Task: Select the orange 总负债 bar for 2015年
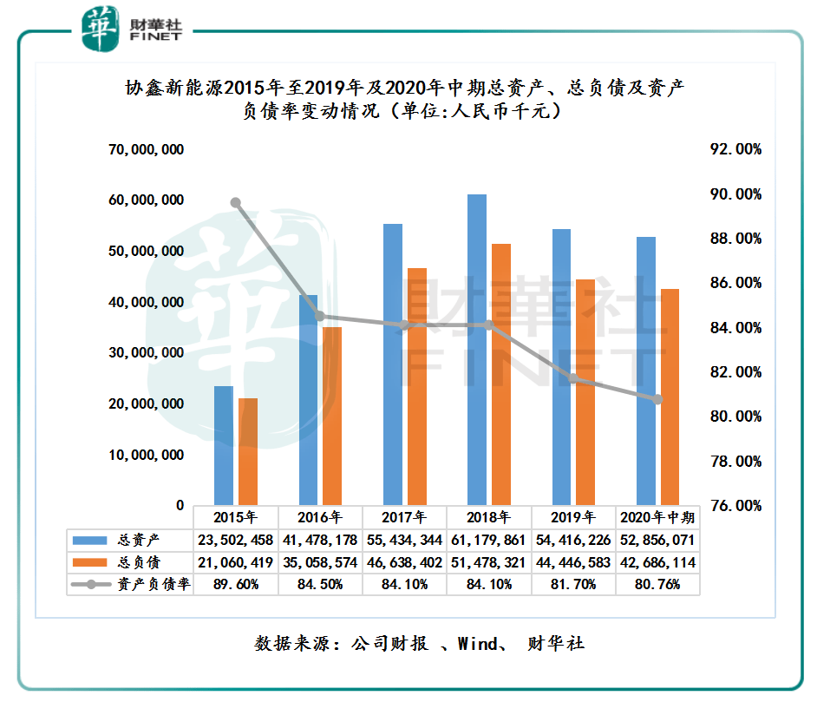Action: point(248,451)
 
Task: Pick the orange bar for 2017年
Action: point(417,386)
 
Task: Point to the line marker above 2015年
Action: point(235,203)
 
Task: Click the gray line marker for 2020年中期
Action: point(657,399)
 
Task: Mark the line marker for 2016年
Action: point(320,316)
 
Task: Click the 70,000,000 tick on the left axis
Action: point(146,150)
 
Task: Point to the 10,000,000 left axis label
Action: point(146,455)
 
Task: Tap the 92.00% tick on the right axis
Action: point(735,150)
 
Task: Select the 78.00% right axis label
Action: point(735,461)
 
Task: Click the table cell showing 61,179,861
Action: point(489,541)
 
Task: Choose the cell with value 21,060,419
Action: point(236,562)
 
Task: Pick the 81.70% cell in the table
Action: point(573,584)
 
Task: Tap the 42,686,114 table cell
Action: point(657,562)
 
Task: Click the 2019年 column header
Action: point(573,518)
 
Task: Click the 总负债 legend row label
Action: point(138,562)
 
